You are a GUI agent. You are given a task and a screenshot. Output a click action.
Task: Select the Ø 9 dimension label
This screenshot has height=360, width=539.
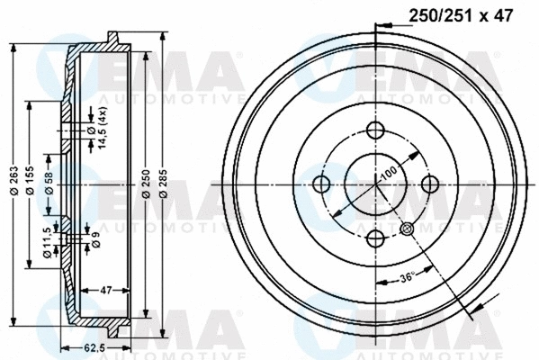pos(94,239)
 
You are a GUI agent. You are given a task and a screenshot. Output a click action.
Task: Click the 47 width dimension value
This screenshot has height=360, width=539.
pos(104,291)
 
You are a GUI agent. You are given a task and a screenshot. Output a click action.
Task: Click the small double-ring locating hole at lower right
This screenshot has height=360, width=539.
pos(408,228)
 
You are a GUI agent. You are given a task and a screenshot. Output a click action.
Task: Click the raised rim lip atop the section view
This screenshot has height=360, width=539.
pos(114,37)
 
